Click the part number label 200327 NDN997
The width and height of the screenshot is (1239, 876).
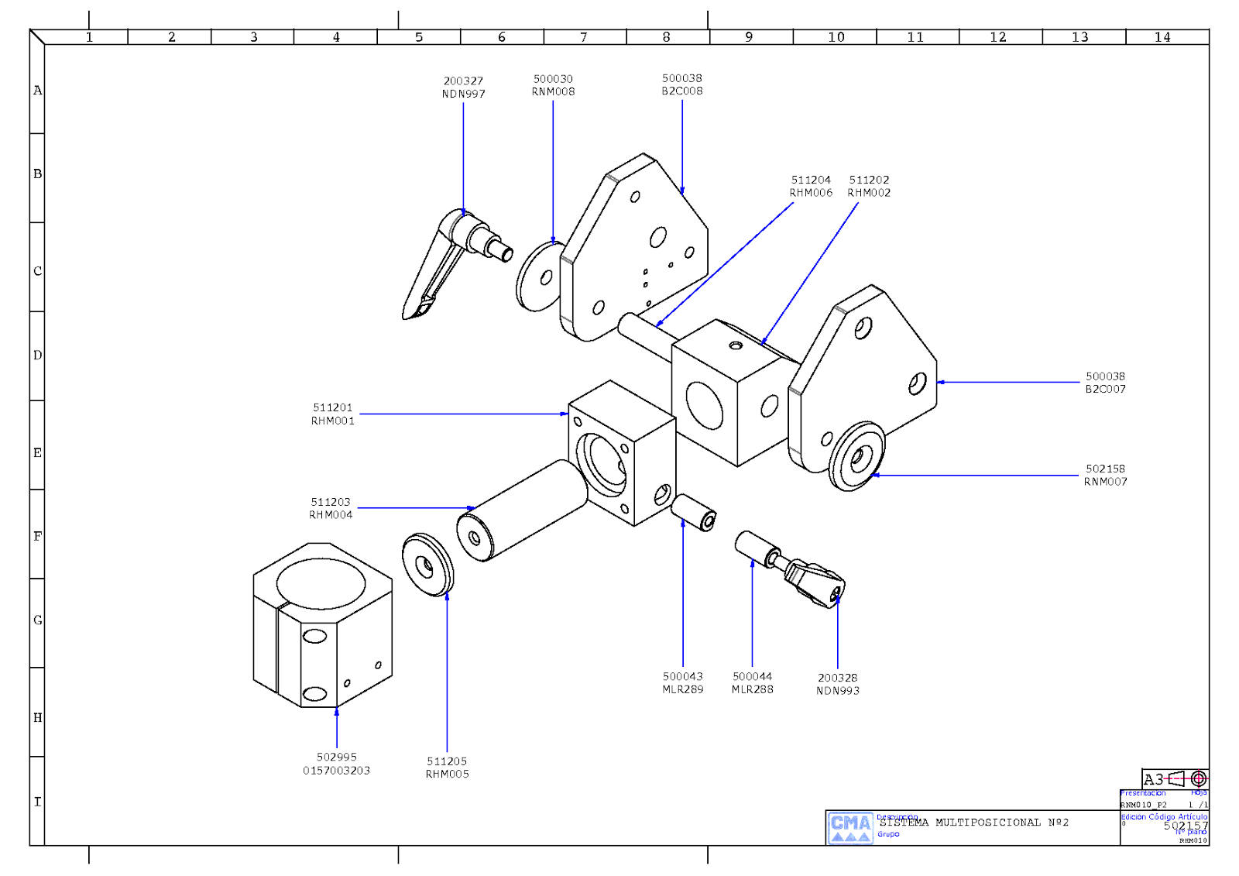point(463,88)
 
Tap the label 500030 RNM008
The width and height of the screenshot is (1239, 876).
point(553,85)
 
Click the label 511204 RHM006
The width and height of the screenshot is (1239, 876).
point(811,186)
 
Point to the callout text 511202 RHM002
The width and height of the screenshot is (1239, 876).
point(869,186)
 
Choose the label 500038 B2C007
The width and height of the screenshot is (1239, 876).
point(1105,383)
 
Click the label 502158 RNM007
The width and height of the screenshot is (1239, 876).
point(1105,475)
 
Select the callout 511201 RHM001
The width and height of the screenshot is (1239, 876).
point(333,414)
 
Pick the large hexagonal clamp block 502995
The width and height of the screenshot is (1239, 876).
point(322,626)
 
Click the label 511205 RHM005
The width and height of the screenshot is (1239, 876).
point(447,768)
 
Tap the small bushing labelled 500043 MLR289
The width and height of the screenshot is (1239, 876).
point(694,512)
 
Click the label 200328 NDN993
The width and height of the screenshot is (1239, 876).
point(837,684)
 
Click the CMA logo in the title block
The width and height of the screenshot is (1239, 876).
point(850,827)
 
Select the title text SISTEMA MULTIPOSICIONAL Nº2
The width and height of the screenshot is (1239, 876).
point(973,823)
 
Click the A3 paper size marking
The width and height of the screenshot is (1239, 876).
point(1153,779)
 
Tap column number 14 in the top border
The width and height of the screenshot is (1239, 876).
point(1162,37)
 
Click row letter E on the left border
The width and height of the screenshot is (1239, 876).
point(37,452)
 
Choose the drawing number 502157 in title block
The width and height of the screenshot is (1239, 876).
point(1184,826)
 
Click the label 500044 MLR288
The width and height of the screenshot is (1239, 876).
point(752,682)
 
